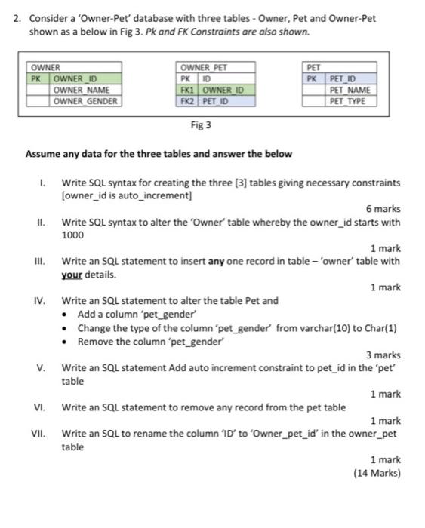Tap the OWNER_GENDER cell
click(85, 100)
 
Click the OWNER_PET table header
click(200, 67)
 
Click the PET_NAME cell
click(349, 89)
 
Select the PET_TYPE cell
click(348, 100)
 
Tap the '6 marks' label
click(383, 209)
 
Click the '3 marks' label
click(383, 355)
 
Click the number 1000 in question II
click(72, 235)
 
